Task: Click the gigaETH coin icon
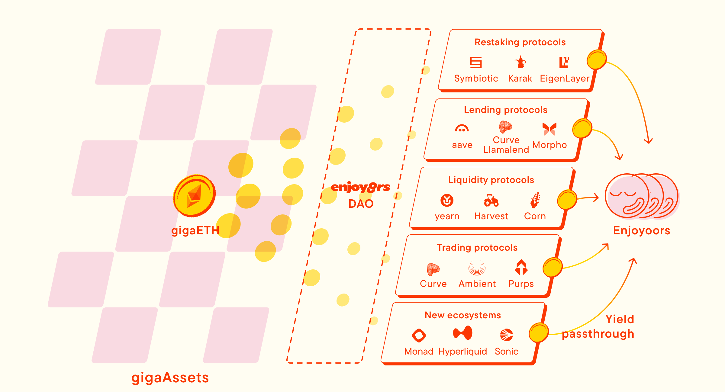[194, 196]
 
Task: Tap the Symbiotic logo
[476, 63]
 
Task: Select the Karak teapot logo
[520, 62]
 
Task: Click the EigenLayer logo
[564, 62]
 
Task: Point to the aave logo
[462, 129]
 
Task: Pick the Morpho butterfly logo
[549, 129]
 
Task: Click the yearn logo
[447, 200]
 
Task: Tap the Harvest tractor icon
[491, 201]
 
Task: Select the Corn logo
[535, 200]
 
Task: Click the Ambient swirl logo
[477, 268]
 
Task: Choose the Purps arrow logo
[521, 268]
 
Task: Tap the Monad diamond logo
[419, 335]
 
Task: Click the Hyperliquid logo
[462, 333]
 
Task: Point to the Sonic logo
[507, 335]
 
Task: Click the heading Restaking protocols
[520, 42]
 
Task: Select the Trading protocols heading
[477, 248]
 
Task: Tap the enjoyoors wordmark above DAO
[361, 188]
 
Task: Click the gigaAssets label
[170, 378]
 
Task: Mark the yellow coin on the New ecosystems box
[539, 333]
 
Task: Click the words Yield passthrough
[598, 327]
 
